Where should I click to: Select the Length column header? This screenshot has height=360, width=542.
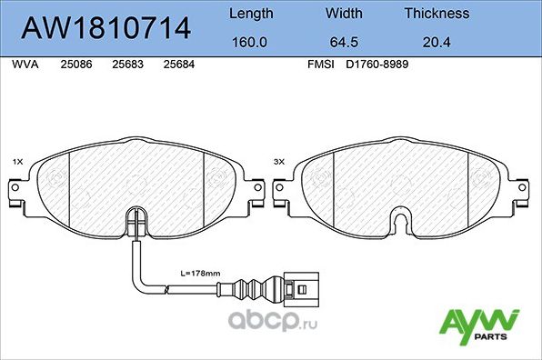tap(249, 14)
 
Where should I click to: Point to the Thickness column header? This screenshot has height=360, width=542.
tap(437, 14)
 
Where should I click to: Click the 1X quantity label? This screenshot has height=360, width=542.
tap(17, 162)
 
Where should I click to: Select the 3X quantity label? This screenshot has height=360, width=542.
tap(279, 162)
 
